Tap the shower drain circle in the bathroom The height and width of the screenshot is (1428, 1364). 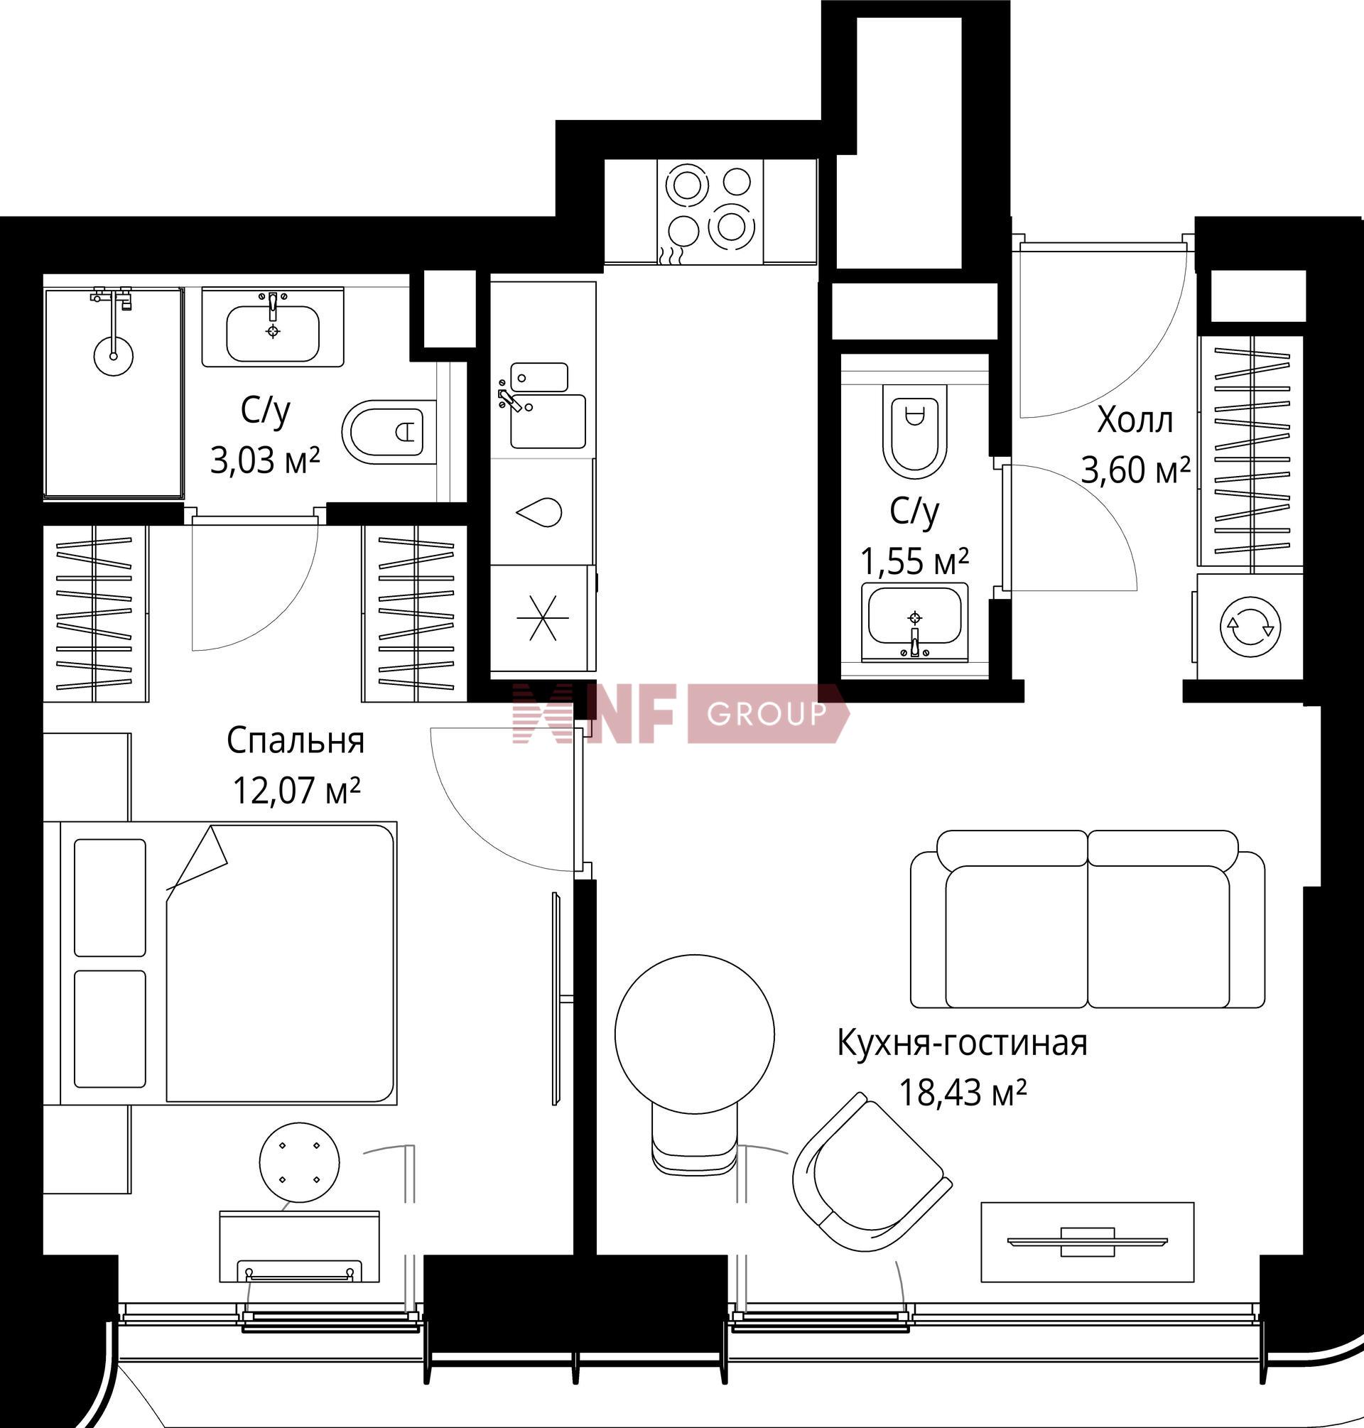pos(114,355)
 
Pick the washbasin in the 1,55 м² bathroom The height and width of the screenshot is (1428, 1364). pos(915,622)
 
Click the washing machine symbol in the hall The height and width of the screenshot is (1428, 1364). pos(1251,627)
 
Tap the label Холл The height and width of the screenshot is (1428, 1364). pos(1135,421)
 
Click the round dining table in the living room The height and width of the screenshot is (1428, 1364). pos(694,1033)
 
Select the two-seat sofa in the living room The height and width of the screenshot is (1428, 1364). pos(1088,919)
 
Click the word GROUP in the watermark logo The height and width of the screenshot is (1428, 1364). pos(767,714)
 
